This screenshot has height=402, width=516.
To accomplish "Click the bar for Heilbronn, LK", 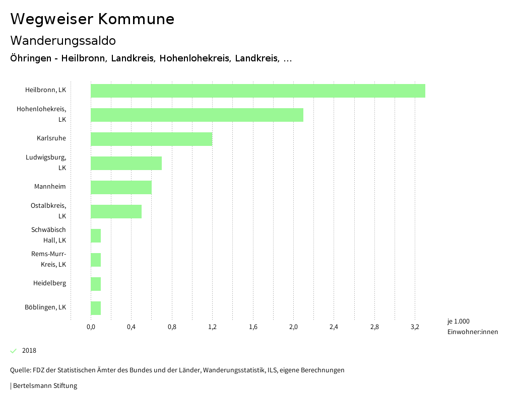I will (x=257, y=91).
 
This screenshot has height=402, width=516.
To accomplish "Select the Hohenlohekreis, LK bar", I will (x=197, y=115).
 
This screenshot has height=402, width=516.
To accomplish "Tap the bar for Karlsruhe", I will (x=151, y=139).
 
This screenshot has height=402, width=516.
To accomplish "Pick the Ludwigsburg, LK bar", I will (x=126, y=163).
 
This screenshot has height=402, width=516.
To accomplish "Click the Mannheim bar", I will (x=121, y=187).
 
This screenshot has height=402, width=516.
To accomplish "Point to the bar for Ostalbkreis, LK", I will (x=116, y=211).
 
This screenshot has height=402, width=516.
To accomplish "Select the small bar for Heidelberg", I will (x=96, y=284).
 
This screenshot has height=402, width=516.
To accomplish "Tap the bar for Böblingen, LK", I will (x=96, y=308).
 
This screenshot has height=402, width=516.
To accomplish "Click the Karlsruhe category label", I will (x=51, y=138).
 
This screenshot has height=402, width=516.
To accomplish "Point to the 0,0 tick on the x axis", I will (x=91, y=327).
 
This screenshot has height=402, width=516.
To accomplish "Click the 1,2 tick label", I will (x=212, y=327).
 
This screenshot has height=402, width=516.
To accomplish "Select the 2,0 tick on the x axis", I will (x=293, y=327).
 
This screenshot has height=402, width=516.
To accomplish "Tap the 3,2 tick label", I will (x=415, y=327).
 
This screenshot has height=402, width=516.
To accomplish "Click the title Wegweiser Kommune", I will (x=92, y=19).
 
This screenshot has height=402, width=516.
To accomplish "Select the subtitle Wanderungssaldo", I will (x=63, y=40).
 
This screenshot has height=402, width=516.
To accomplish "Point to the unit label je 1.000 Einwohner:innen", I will (x=472, y=327).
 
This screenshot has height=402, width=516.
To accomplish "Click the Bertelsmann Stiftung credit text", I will (x=44, y=386).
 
